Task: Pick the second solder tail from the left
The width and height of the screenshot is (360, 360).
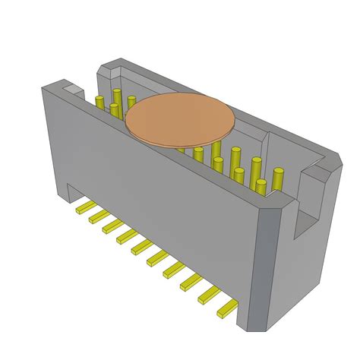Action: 99,217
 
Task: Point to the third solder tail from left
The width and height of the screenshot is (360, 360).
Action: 112,228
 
